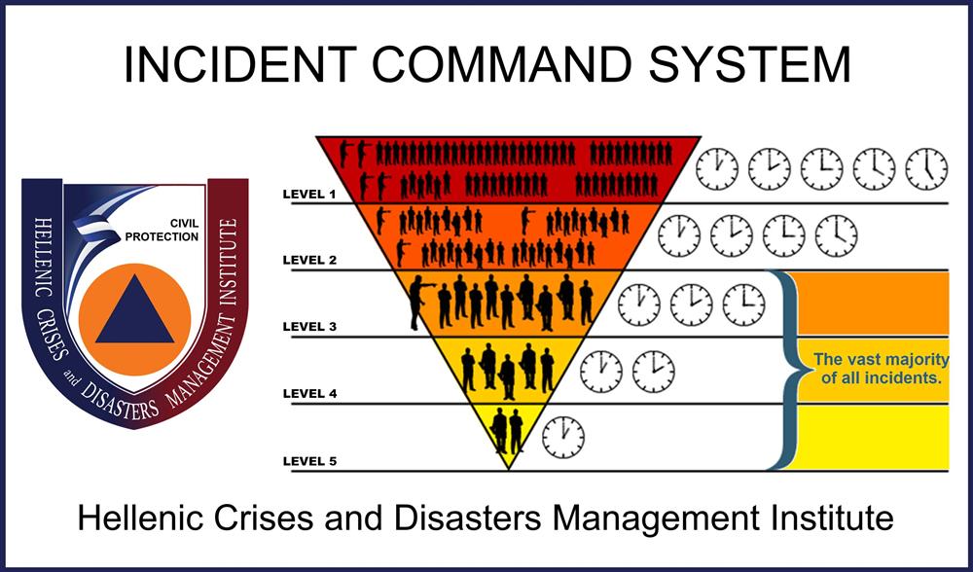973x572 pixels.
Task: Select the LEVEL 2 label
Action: click(x=309, y=261)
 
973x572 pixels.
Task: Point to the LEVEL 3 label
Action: click(x=309, y=327)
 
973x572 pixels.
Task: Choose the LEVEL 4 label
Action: click(x=309, y=393)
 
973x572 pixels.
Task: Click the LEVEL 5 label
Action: click(x=309, y=460)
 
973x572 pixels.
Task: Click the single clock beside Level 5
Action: click(x=563, y=437)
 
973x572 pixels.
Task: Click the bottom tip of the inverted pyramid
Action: click(x=508, y=467)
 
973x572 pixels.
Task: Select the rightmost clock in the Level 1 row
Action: click(x=926, y=168)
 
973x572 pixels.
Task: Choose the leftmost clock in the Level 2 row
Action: click(x=679, y=235)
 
